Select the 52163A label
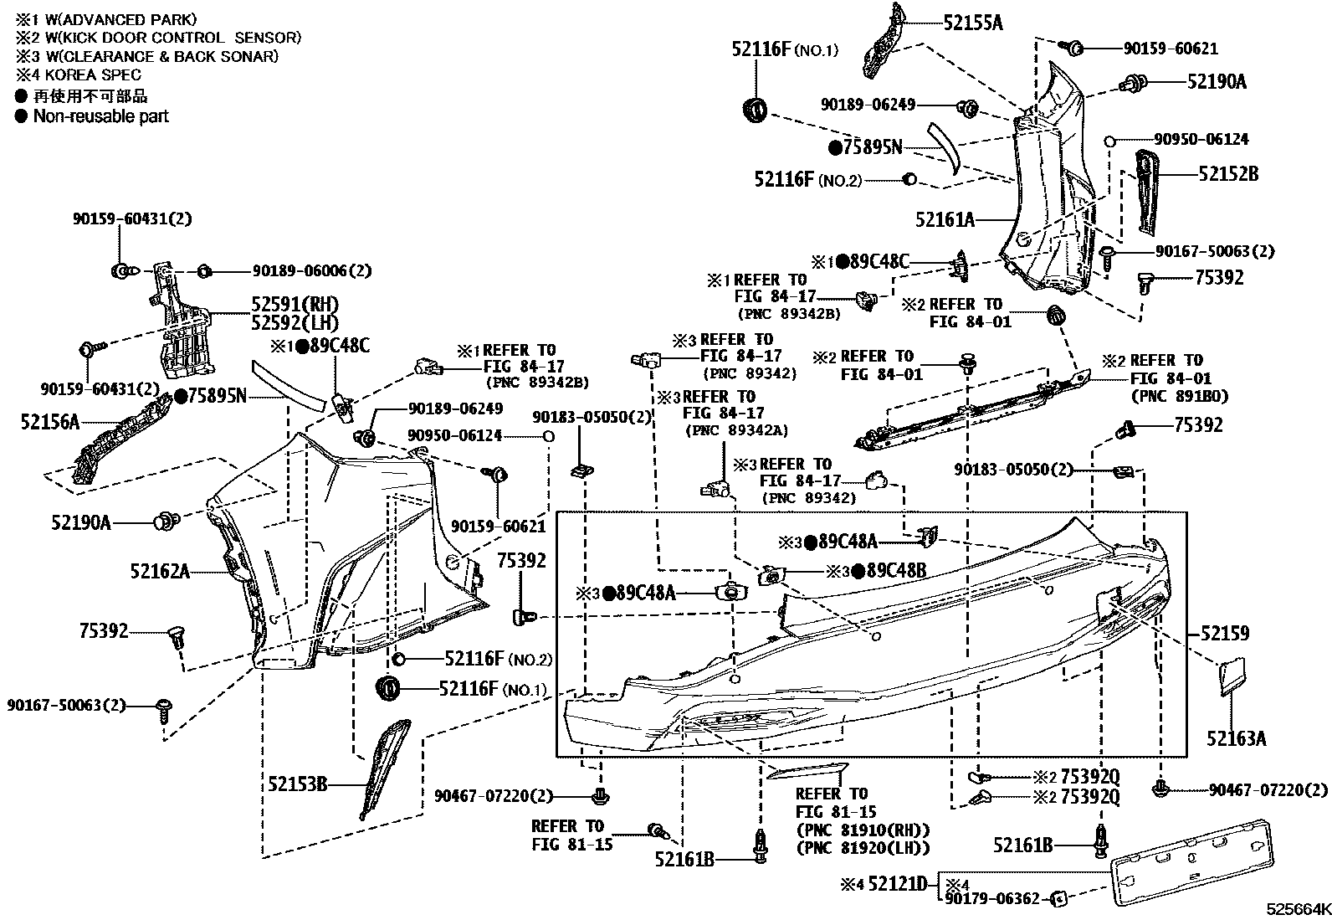(x=1236, y=738)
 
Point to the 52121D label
(x=897, y=882)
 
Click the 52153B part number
(x=297, y=784)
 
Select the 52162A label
(x=160, y=572)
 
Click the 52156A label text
(x=50, y=423)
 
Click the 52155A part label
(x=972, y=23)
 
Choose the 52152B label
(x=1227, y=174)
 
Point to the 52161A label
(x=945, y=219)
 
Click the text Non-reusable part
(x=100, y=116)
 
